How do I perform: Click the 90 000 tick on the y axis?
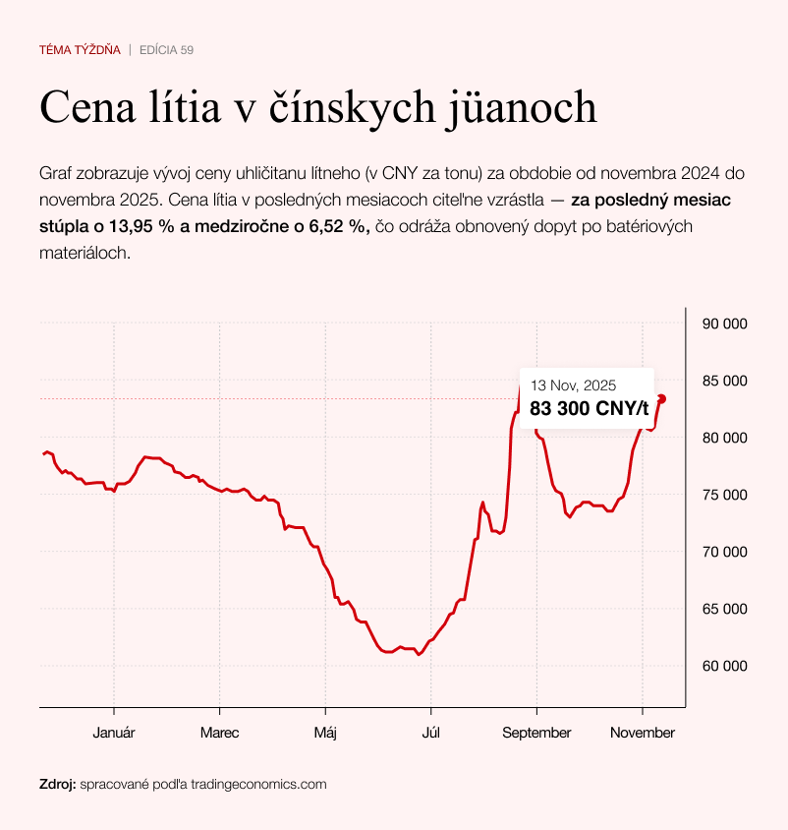[x=724, y=324]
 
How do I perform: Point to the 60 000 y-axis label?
[x=724, y=666]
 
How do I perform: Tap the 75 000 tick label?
[x=724, y=495]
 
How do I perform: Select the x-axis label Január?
[x=114, y=733]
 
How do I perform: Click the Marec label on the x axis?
[x=219, y=733]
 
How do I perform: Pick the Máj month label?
[x=324, y=733]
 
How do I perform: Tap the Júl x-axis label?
[x=430, y=733]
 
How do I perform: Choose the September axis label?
[x=535, y=733]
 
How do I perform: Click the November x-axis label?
[x=642, y=733]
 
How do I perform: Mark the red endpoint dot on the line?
[x=661, y=398]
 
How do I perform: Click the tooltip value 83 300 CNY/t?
[x=589, y=409]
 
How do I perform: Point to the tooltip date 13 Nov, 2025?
[x=573, y=385]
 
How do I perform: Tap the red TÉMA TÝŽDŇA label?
[x=80, y=49]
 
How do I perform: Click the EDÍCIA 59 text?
[x=167, y=49]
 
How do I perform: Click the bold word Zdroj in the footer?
[x=57, y=785]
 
